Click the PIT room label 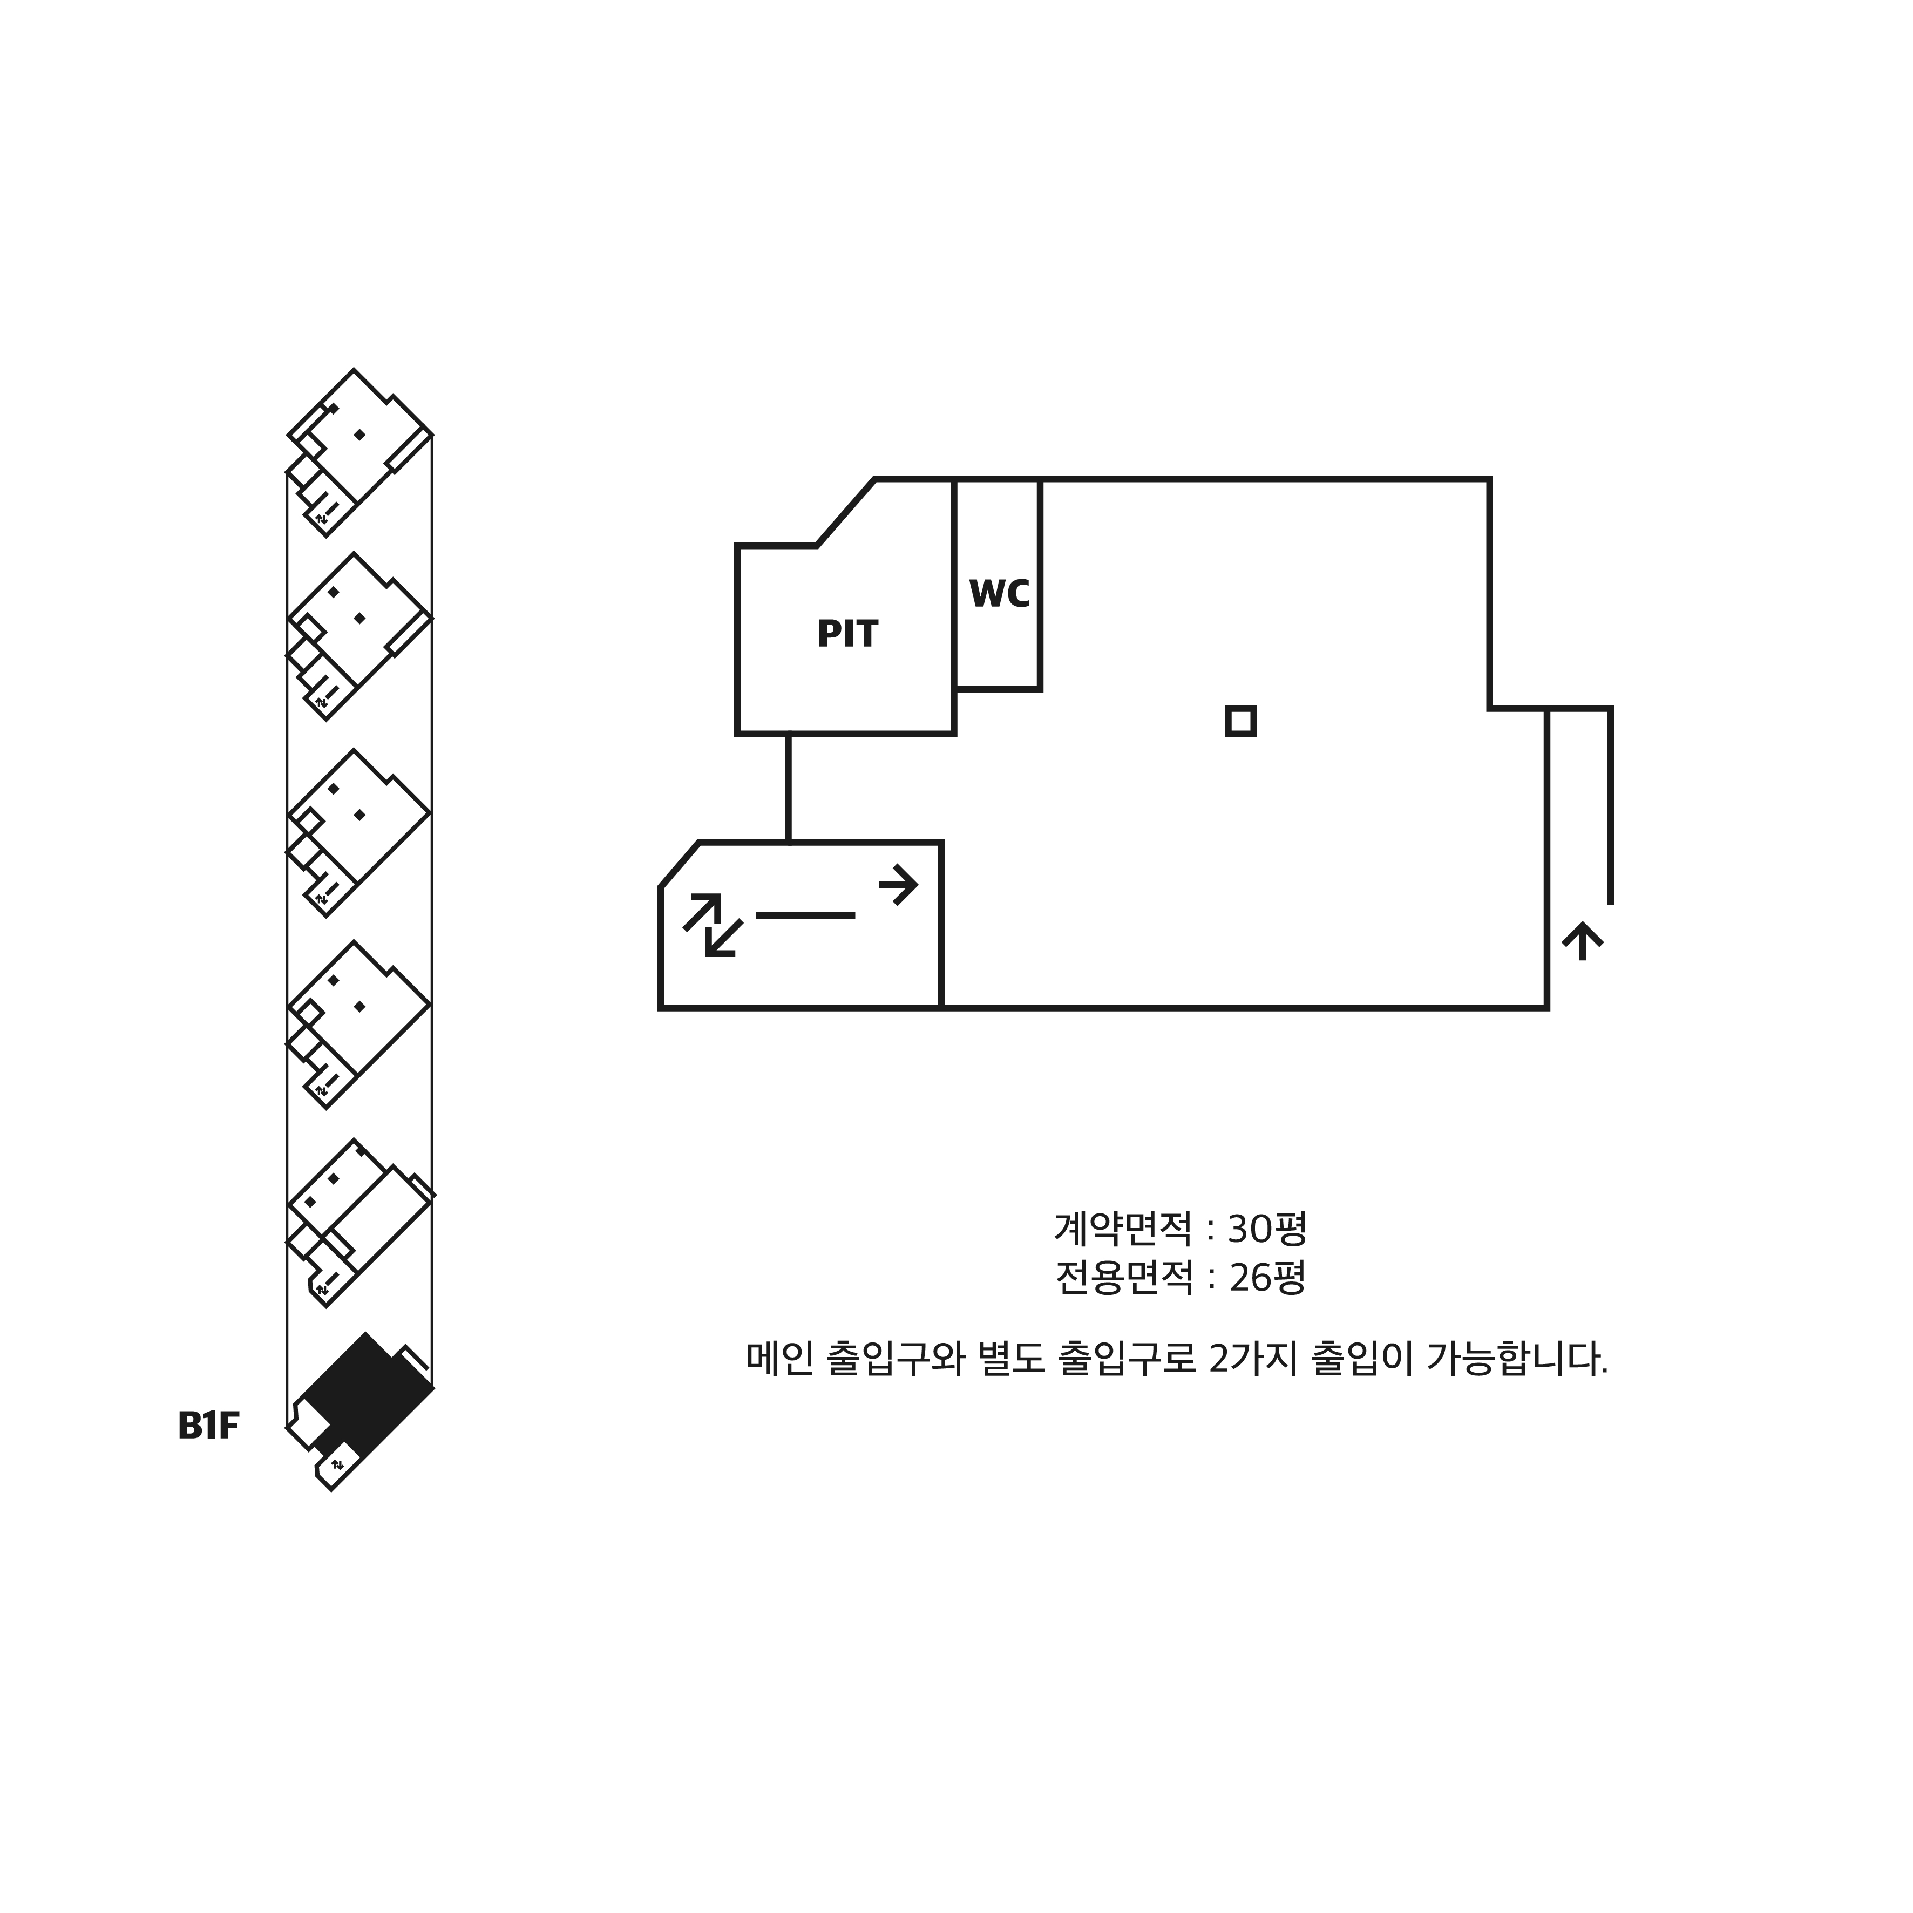click(846, 634)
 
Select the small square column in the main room click(1240, 721)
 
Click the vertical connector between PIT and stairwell click(788, 788)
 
